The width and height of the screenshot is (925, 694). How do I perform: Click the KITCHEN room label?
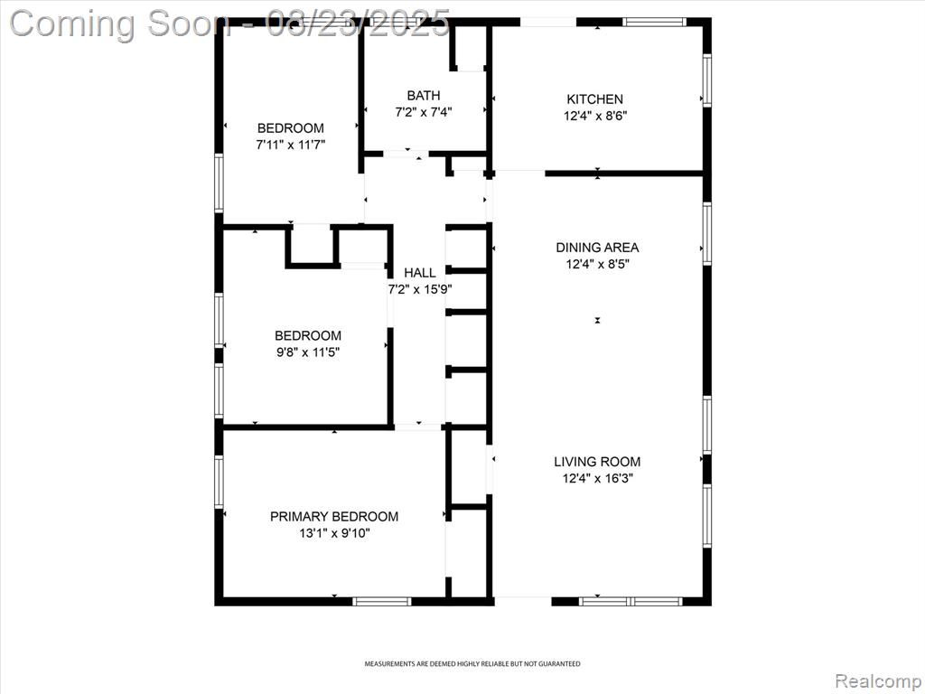[594, 99]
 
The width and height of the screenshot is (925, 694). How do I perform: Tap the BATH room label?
[424, 95]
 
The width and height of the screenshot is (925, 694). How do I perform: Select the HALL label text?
[420, 273]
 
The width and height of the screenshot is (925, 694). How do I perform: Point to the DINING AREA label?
[598, 248]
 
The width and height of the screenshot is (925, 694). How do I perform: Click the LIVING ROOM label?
[597, 462]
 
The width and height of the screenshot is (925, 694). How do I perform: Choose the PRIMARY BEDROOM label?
[334, 516]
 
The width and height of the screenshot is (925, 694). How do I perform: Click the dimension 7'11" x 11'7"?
[291, 145]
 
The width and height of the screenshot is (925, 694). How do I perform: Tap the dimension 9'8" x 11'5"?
[307, 352]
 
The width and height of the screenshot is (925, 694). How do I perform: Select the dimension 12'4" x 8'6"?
[595, 116]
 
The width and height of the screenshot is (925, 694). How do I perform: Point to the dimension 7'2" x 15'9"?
[420, 289]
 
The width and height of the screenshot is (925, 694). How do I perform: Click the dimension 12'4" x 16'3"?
[598, 478]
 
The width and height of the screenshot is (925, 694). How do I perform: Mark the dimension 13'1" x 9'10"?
[334, 533]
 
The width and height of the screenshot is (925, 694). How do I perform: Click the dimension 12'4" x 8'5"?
[598, 264]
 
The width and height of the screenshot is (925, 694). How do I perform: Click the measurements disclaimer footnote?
[472, 664]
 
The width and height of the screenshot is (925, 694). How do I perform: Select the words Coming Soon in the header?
[120, 23]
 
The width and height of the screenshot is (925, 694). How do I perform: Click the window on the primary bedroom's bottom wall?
[382, 601]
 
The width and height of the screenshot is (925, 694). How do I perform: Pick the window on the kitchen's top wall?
[655, 23]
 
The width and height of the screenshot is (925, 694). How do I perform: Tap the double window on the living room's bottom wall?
[630, 601]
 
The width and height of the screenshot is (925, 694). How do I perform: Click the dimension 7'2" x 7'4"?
[424, 111]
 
